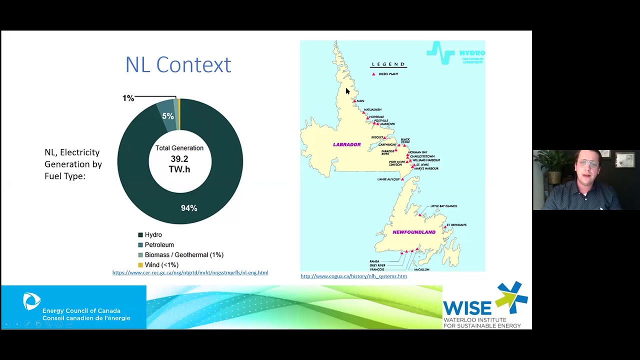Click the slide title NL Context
click(x=178, y=65)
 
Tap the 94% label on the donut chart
click(x=189, y=208)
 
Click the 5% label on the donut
click(x=167, y=116)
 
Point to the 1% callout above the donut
click(x=128, y=98)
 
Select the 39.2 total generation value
click(x=179, y=159)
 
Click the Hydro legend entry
click(x=153, y=235)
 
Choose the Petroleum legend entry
click(x=159, y=245)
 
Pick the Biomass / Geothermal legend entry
click(x=183, y=255)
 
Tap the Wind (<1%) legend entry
click(x=161, y=265)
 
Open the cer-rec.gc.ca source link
click(x=190, y=273)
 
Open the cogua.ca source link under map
click(x=353, y=276)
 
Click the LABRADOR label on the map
click(x=346, y=144)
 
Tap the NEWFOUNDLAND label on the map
click(x=414, y=232)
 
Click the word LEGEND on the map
click(x=388, y=64)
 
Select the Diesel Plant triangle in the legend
click(x=373, y=74)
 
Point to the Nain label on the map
click(x=360, y=101)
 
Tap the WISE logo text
click(x=467, y=307)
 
